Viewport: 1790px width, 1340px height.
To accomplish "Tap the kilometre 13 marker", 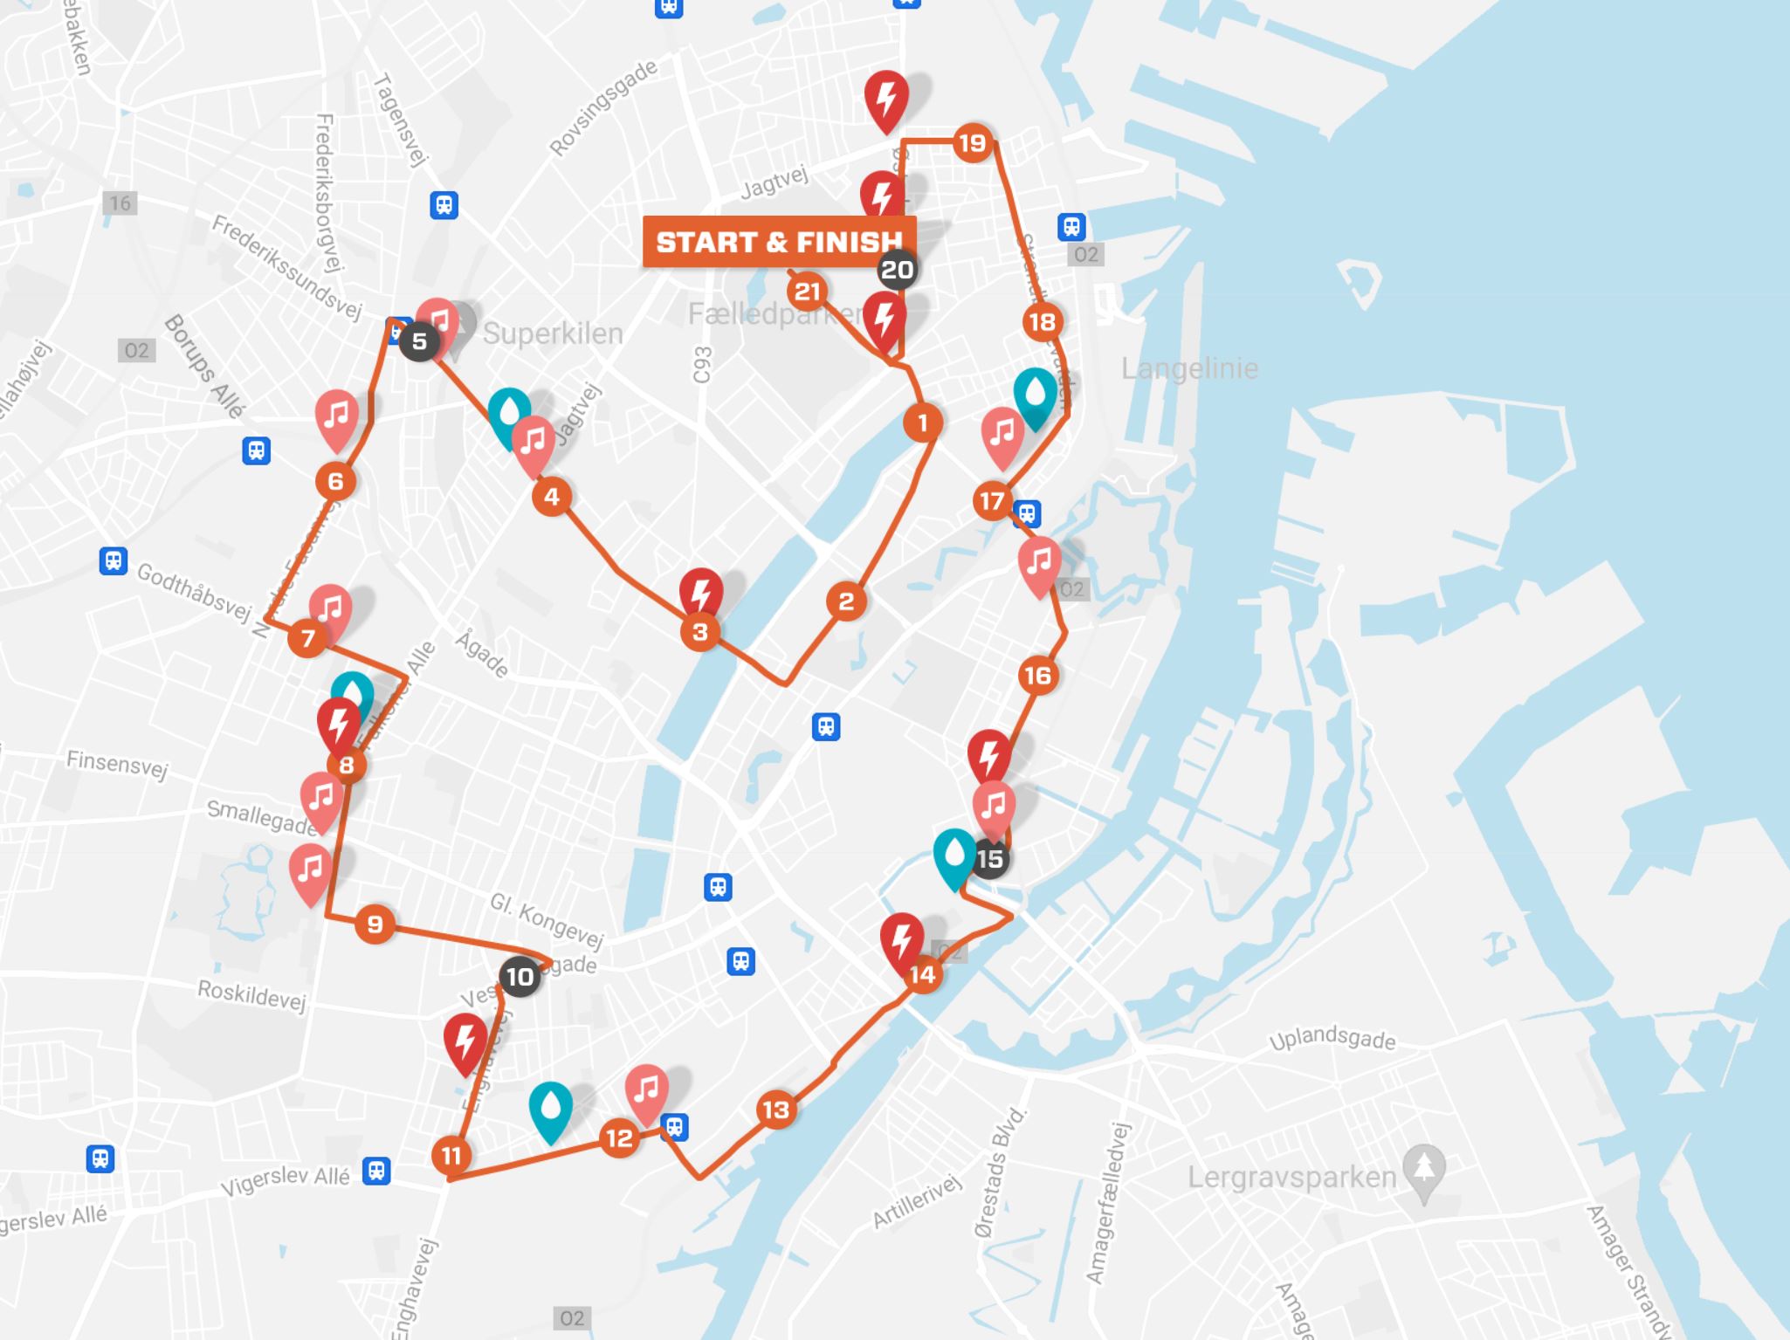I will (x=775, y=1110).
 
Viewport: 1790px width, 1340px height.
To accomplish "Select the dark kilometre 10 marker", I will (x=520, y=976).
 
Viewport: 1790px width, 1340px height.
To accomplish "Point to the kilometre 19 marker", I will (x=972, y=142).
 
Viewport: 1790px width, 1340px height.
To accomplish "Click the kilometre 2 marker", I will (x=846, y=601).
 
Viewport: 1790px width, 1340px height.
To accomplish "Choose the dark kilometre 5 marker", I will (x=419, y=341).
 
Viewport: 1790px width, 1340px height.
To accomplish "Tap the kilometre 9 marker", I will (x=375, y=924).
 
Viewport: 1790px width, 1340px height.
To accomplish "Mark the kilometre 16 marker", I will (x=1037, y=675).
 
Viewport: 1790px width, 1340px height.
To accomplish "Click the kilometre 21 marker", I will (x=807, y=292).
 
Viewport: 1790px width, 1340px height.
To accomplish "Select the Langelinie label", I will (x=1189, y=368).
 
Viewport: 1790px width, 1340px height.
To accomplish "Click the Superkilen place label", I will (x=553, y=333).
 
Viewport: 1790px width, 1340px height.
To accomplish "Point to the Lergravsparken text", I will (x=1291, y=1177).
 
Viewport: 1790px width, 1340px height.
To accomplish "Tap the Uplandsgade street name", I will (x=1332, y=1039).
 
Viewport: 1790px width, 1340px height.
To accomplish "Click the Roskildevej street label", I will (x=251, y=993).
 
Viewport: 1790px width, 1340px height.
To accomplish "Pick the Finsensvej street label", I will (x=117, y=763).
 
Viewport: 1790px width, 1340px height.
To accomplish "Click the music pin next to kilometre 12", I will (x=646, y=1091).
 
